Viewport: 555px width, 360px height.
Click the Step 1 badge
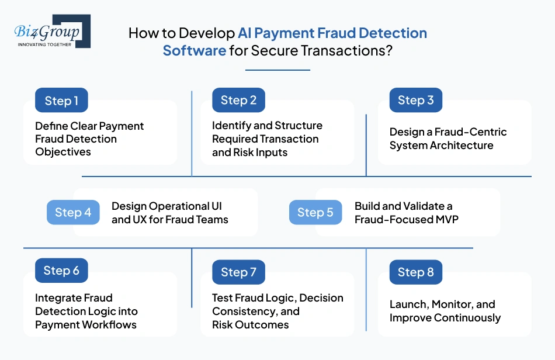pyautogui.click(x=61, y=101)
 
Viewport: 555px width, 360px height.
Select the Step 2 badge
pyautogui.click(x=238, y=101)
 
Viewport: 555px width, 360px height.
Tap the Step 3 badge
pyautogui.click(x=415, y=101)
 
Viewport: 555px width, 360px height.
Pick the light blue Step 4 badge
pyautogui.click(x=73, y=212)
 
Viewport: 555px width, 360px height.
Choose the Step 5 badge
pyautogui.click(x=315, y=212)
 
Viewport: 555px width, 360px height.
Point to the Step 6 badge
pyautogui.click(x=61, y=271)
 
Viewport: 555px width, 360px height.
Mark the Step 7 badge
pyautogui.click(x=238, y=272)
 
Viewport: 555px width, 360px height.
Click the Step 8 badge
pyautogui.click(x=415, y=272)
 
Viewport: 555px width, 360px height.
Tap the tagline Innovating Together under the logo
pyautogui.click(x=44, y=44)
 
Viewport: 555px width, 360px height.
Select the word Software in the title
pyautogui.click(x=194, y=50)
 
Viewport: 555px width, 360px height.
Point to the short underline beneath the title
pyautogui.click(x=277, y=70)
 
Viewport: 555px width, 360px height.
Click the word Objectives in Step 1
pyautogui.click(x=63, y=152)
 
